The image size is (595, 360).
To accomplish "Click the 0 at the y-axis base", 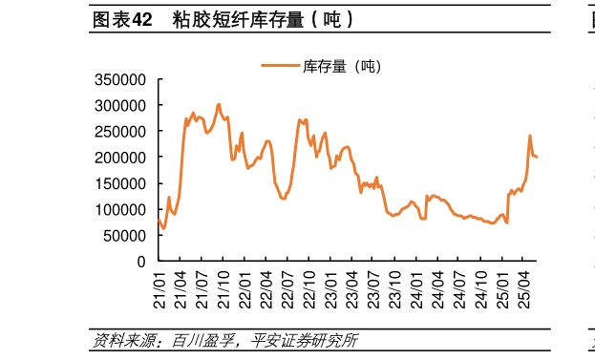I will pos(140,261).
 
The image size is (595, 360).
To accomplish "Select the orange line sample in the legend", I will pos(280,66).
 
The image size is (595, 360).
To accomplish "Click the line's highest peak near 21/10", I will pos(219,104).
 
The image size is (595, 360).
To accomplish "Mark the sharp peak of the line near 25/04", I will pos(530,136).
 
